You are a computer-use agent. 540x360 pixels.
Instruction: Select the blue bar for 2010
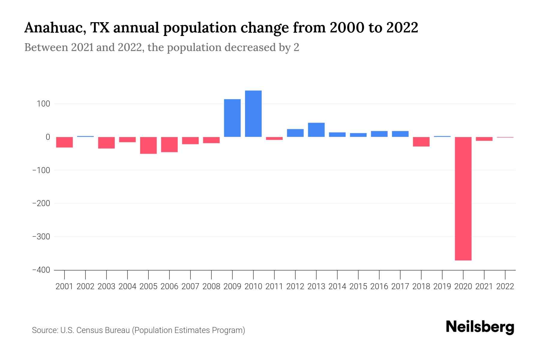[253, 114]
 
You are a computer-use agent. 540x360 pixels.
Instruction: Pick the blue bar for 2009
[232, 118]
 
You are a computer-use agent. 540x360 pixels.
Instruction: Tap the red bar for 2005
[148, 145]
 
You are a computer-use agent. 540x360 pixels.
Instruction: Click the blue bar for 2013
[316, 130]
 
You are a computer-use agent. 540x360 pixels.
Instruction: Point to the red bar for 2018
[421, 142]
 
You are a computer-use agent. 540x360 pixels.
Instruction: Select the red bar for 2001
[64, 142]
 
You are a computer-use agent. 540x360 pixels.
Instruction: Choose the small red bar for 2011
[274, 138]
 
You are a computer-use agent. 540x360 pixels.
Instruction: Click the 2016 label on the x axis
[379, 286]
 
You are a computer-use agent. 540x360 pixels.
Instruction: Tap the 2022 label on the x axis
[505, 286]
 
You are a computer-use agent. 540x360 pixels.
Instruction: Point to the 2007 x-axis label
[190, 286]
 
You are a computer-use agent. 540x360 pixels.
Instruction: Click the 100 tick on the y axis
[43, 104]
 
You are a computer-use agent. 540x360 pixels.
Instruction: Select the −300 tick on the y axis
[41, 237]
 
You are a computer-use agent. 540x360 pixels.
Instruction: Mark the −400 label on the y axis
[41, 270]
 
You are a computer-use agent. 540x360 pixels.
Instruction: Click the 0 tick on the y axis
[48, 137]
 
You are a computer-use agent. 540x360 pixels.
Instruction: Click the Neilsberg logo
[480, 327]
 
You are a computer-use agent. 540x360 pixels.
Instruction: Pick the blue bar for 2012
[295, 133]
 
